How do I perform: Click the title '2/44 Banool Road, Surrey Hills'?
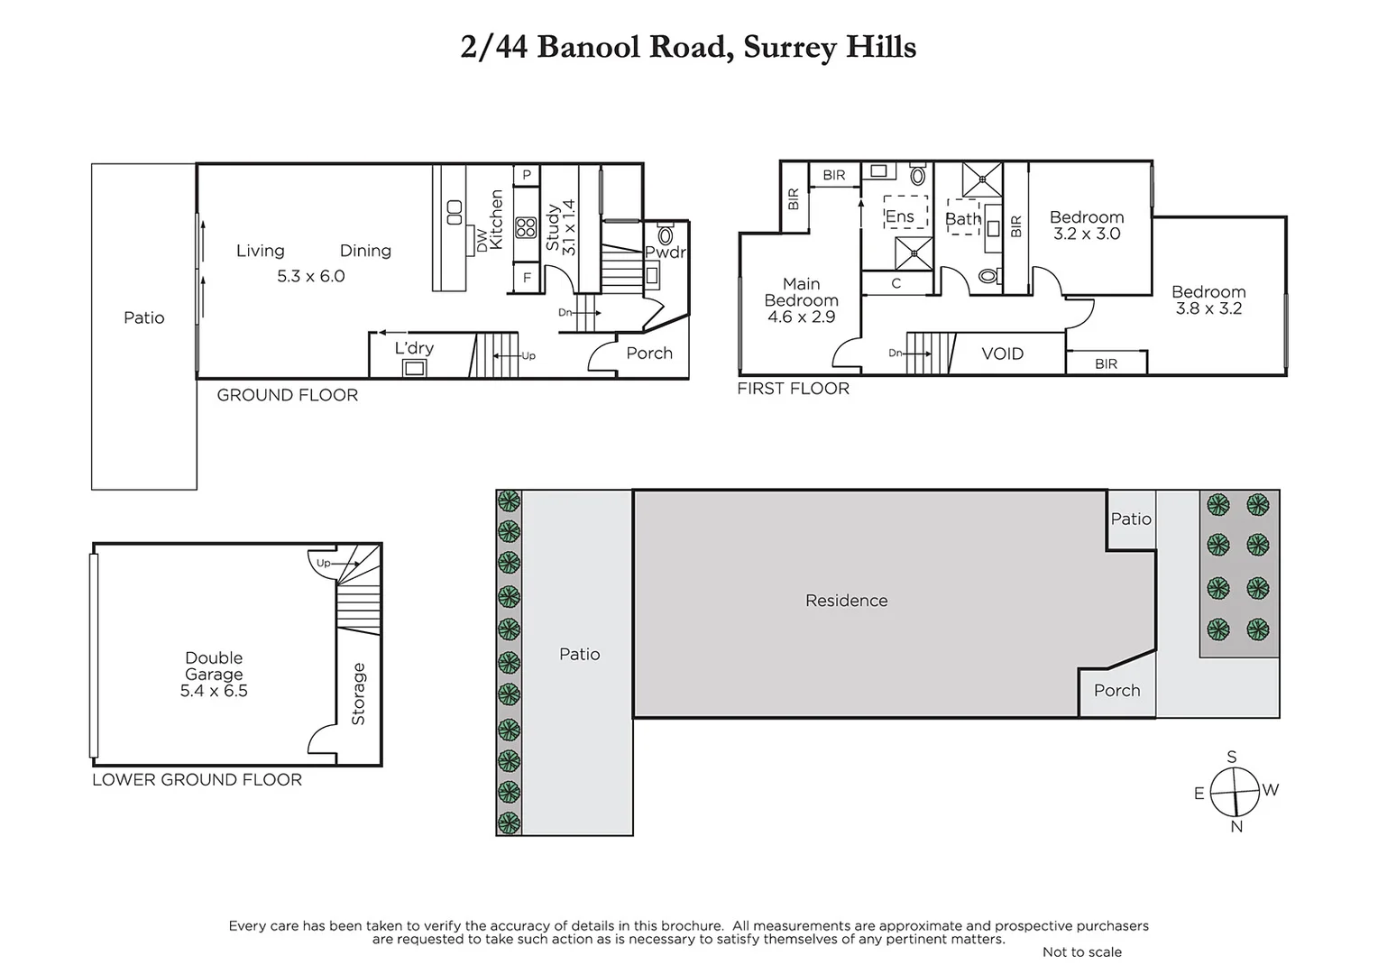click(x=688, y=47)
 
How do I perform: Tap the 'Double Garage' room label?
click(x=214, y=666)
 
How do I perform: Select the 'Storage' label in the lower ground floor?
click(x=358, y=694)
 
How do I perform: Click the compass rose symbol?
click(x=1234, y=792)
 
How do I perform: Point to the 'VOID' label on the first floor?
click(x=1002, y=354)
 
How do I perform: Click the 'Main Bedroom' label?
click(x=801, y=292)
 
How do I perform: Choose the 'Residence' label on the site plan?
click(x=846, y=601)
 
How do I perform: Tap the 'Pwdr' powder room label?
click(x=666, y=253)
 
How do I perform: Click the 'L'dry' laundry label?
click(x=414, y=348)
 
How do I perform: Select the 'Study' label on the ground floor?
click(x=553, y=227)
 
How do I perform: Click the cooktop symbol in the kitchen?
click(x=526, y=226)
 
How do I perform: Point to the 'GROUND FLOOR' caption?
click(x=287, y=395)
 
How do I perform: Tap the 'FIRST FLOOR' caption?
click(x=793, y=389)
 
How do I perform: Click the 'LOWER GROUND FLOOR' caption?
click(x=197, y=780)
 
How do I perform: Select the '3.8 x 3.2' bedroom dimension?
click(x=1208, y=308)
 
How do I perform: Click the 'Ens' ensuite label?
click(x=899, y=216)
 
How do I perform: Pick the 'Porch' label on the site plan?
click(x=1116, y=691)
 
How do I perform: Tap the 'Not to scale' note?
click(x=1081, y=952)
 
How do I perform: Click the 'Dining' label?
click(x=365, y=251)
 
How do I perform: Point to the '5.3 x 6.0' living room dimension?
click(x=310, y=276)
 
